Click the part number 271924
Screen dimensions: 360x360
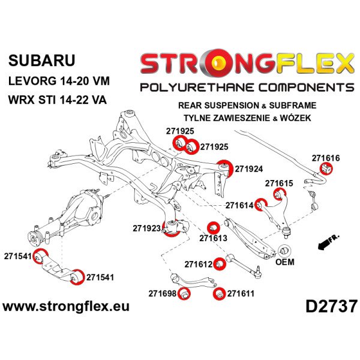[248, 169]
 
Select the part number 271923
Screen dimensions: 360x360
[146, 228]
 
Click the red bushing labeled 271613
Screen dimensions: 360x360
[214, 228]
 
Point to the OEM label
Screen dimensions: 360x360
[284, 262]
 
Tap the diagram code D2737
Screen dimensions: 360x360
[332, 307]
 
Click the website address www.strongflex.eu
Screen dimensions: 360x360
[66, 307]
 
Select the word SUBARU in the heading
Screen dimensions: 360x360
[42, 61]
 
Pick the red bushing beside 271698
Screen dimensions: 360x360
[184, 293]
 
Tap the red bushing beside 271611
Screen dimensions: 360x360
[220, 293]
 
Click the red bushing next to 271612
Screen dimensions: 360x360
[220, 264]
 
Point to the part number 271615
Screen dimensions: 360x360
[279, 183]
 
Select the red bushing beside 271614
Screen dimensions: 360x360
[261, 205]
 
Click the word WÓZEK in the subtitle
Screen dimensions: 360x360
[295, 118]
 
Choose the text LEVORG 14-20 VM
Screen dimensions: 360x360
[59, 81]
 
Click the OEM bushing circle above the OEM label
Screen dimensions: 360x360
[284, 251]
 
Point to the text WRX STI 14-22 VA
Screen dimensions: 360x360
[58, 100]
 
